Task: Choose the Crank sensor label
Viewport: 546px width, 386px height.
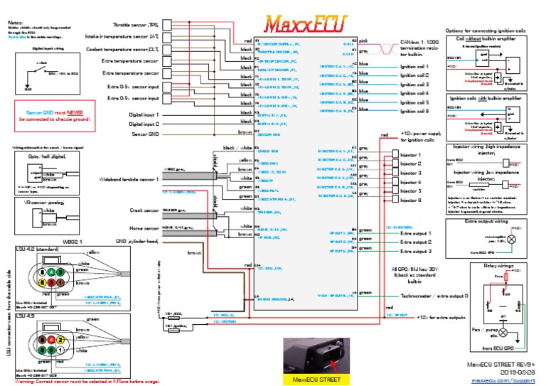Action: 144,210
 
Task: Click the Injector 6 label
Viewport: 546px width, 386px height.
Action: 410,200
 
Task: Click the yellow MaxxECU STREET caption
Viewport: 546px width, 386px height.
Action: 317,380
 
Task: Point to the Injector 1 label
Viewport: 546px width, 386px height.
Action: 410,155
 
